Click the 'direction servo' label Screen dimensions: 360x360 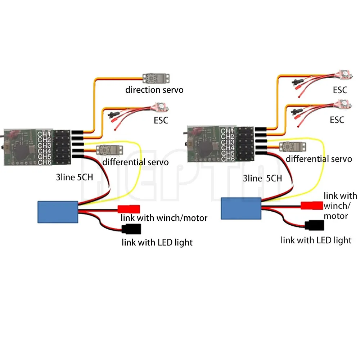pyautogui.click(x=154, y=90)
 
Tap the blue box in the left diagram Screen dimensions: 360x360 pyautogui.click(x=58, y=212)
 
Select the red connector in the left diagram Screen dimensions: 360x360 pyautogui.click(x=129, y=209)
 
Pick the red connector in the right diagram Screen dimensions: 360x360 pyautogui.click(x=311, y=206)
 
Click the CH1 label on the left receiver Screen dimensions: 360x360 pyautogui.click(x=44, y=134)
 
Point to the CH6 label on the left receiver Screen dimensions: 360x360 pyautogui.click(x=44, y=162)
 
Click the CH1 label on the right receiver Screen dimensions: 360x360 pyautogui.click(x=227, y=131)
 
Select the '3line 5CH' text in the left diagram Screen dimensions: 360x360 pyautogui.click(x=73, y=177)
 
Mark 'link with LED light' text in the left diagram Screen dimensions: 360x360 pyautogui.click(x=157, y=242)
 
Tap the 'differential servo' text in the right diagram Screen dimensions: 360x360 pyautogui.click(x=319, y=159)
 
